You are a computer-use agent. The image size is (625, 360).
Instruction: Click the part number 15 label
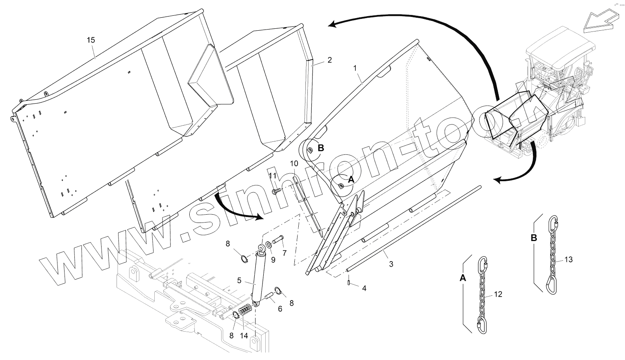pos(91,40)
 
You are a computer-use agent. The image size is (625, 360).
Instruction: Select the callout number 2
pos(329,60)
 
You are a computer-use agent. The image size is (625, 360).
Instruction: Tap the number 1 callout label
pos(355,68)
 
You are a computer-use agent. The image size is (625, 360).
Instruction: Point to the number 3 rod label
pos(391,264)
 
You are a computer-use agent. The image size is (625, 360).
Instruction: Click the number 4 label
pos(364,288)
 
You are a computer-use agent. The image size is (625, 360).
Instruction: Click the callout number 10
pos(294,163)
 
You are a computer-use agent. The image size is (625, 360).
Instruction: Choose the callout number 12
pos(498,294)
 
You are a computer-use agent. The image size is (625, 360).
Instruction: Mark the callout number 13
pos(568,259)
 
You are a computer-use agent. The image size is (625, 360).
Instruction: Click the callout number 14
pos(244,336)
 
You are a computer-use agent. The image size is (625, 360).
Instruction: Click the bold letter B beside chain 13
pos(534,238)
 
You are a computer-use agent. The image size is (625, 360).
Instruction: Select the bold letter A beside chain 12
pos(463,278)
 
